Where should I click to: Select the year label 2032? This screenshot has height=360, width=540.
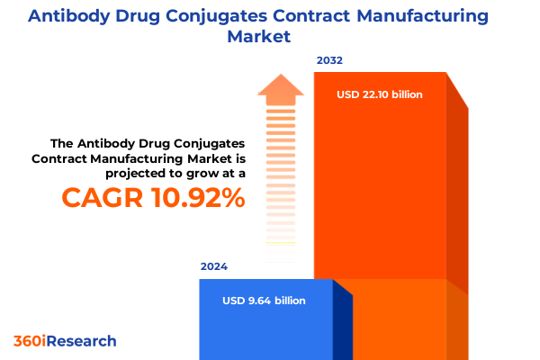[x=329, y=61]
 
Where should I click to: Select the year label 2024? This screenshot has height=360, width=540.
[x=214, y=267]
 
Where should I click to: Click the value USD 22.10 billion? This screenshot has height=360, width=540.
[x=380, y=94]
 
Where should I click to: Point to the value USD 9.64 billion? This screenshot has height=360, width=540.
[x=264, y=301]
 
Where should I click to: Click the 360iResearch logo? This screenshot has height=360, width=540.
[x=65, y=341]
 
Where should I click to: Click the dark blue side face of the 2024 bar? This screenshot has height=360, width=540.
[x=342, y=324]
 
